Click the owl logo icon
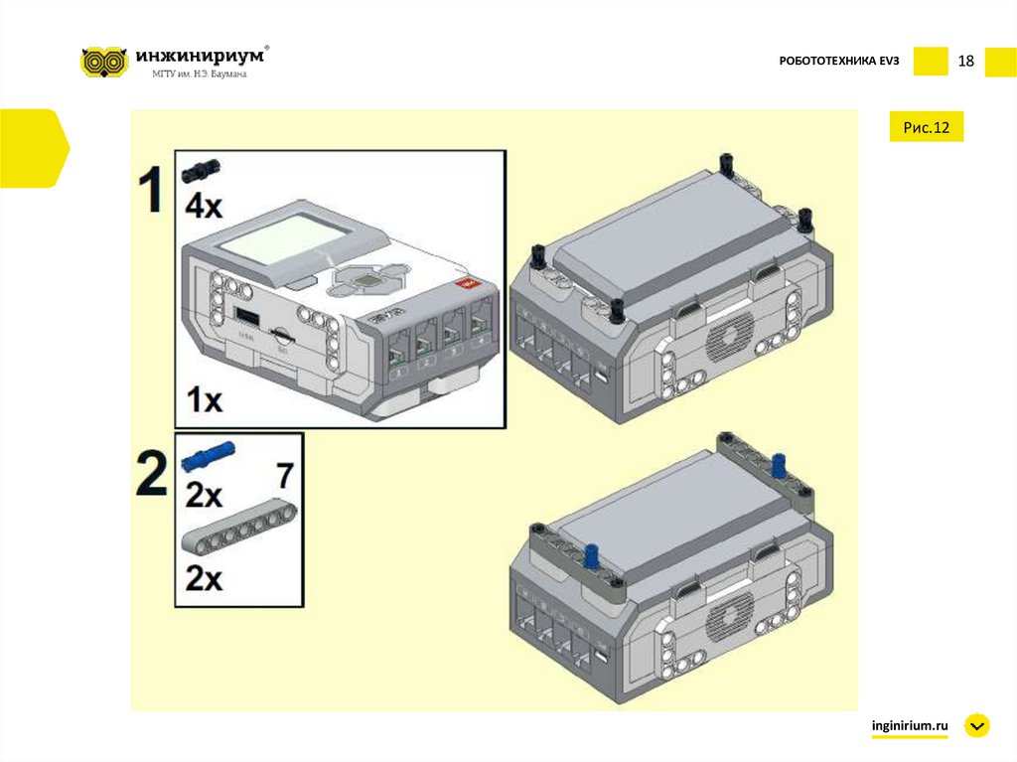(x=104, y=62)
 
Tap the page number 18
(x=965, y=62)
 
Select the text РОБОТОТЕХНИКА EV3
(x=838, y=63)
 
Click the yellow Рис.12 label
(x=926, y=127)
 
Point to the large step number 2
(x=151, y=475)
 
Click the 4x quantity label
(x=205, y=207)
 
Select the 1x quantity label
(x=205, y=400)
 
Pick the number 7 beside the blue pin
(x=284, y=476)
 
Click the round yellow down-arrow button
(x=977, y=726)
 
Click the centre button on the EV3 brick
(x=368, y=281)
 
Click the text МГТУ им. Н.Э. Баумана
(x=199, y=75)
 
